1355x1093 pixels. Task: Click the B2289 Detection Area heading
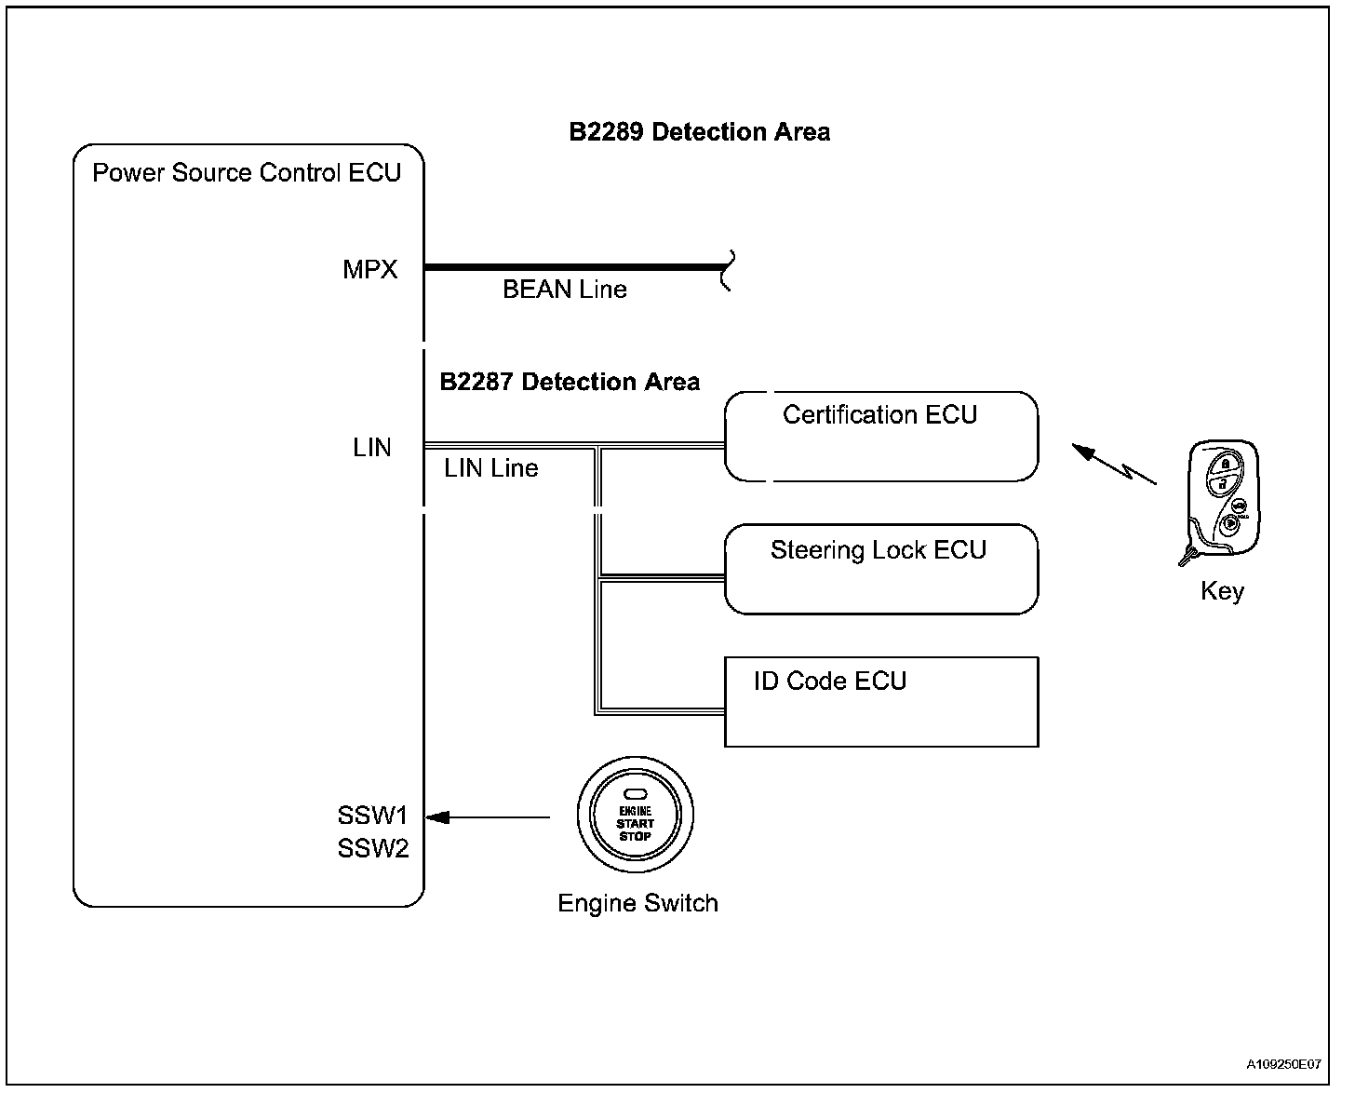700,132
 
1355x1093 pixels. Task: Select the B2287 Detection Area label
570,382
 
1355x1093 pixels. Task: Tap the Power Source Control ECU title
247,172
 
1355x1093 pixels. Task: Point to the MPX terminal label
369,270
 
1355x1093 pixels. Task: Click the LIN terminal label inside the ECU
371,447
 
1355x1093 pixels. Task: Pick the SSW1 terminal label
373,816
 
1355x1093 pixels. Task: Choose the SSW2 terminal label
373,848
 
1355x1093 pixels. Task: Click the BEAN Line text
565,290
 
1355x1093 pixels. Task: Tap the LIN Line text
491,468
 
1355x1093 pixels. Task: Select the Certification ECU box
881,437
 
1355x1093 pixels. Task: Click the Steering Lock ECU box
881,569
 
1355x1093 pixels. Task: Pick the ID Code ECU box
881,702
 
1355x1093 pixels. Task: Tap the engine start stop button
636,815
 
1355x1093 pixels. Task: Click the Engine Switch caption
637,903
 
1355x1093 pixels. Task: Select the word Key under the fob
1222,591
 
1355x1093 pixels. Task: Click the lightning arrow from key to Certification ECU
1114,465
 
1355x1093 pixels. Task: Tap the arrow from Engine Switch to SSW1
488,817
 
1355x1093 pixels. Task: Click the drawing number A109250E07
1283,1064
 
